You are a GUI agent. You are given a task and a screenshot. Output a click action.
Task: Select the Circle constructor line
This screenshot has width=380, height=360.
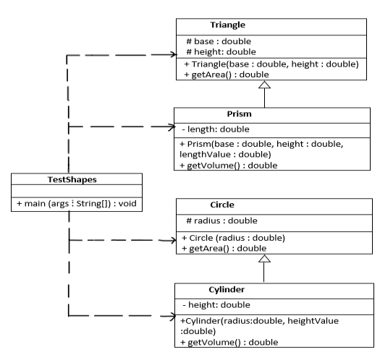point(236,238)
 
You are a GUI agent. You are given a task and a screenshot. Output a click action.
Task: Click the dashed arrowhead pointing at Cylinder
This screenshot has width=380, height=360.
point(170,316)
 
